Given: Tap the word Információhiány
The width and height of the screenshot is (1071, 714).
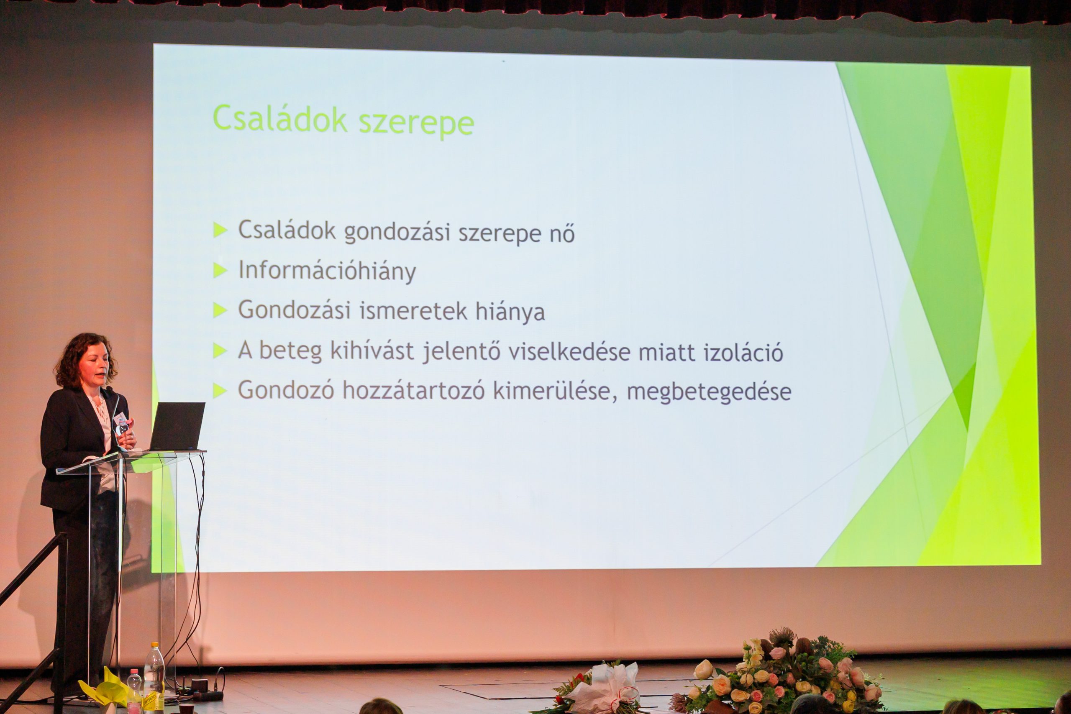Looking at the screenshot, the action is point(327,271).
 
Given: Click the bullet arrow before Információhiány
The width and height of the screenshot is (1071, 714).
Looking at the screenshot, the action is point(220,271).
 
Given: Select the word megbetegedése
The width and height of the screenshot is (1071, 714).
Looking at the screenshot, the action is point(709,392).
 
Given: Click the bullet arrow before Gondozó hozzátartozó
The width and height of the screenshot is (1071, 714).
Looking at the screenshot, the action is point(220,391).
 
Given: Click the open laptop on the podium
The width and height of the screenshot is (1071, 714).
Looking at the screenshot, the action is point(177,427).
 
